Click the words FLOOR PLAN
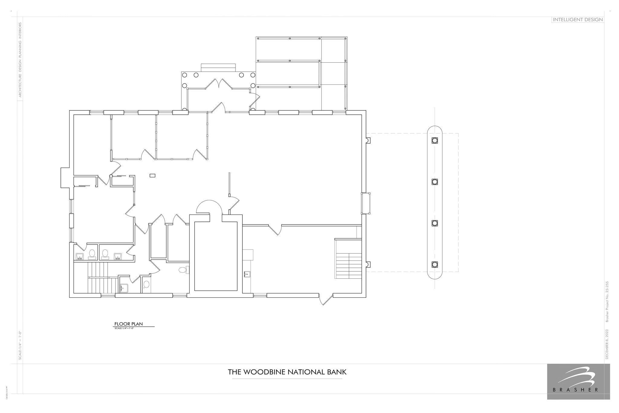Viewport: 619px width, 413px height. point(128,324)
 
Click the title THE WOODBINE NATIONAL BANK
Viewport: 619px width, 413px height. point(287,372)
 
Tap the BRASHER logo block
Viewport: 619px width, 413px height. point(578,381)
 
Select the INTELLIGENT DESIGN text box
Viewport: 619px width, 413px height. point(578,20)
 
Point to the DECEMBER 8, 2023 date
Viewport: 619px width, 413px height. point(606,344)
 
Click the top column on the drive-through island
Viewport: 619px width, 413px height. point(435,140)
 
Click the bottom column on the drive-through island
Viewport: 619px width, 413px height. point(435,264)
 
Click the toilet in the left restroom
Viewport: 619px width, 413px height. point(92,254)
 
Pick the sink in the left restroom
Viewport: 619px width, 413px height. point(79,257)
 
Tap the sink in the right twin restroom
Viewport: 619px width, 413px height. point(118,257)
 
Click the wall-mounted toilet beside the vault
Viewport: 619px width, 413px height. point(183,270)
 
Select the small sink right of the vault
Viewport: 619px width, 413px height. point(247,274)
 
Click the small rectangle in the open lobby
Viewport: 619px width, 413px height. point(153,175)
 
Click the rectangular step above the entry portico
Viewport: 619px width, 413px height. point(218,67)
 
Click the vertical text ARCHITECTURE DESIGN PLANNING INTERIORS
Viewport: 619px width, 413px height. point(20,60)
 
